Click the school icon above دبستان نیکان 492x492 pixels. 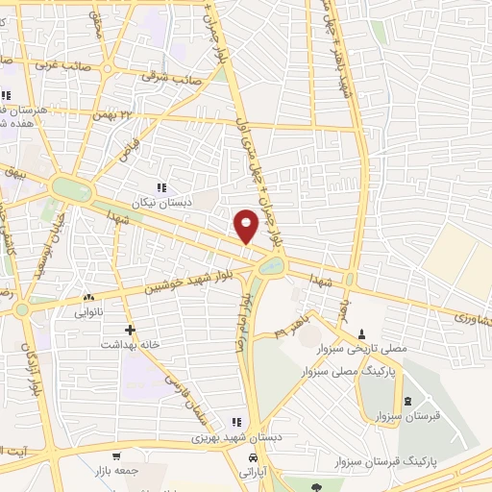(x=162, y=187)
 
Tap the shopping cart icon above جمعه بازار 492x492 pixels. (x=116, y=456)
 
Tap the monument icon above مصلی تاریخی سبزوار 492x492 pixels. (x=362, y=334)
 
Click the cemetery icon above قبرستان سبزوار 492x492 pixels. (x=408, y=402)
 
